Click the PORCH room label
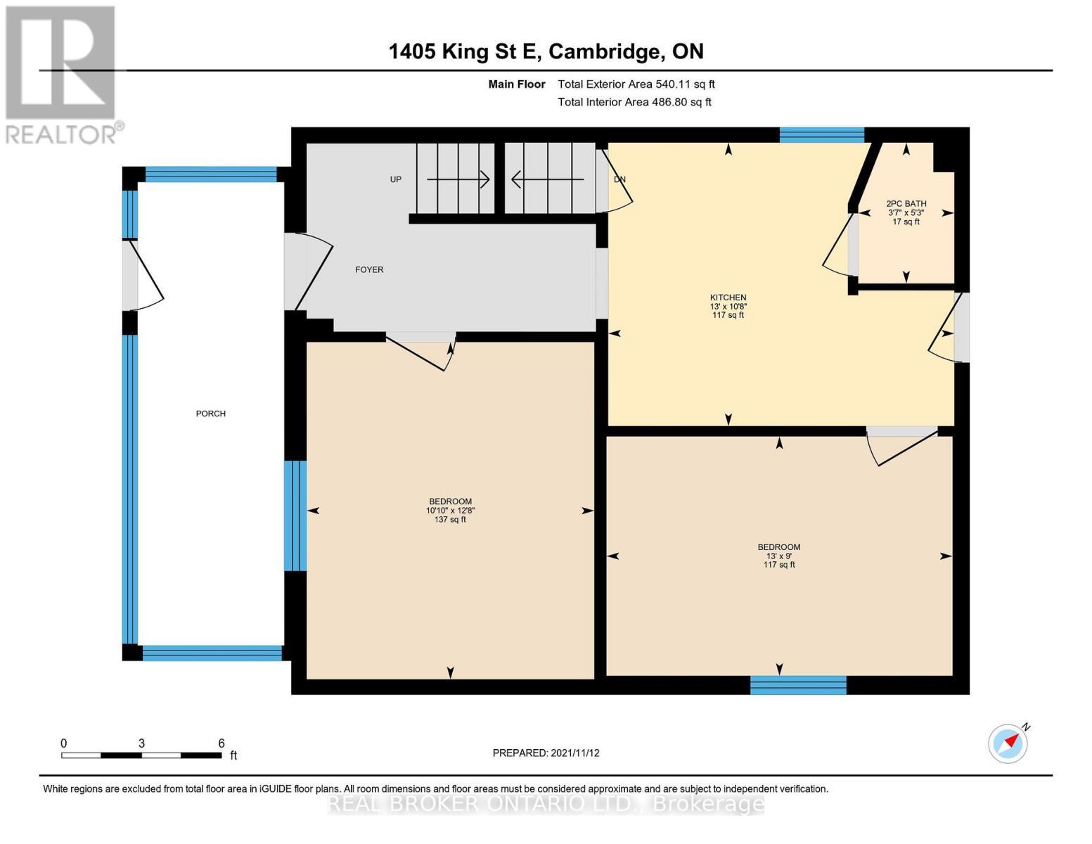pyautogui.click(x=210, y=414)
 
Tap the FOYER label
pyautogui.click(x=369, y=269)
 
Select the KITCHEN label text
pyautogui.click(x=728, y=298)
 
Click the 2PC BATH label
pyautogui.click(x=906, y=204)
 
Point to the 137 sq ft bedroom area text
pyautogui.click(x=450, y=520)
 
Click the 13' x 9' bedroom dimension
pyautogui.click(x=779, y=556)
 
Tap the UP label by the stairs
pyautogui.click(x=396, y=179)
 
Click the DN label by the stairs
pyautogui.click(x=619, y=179)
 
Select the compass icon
pyautogui.click(x=1007, y=743)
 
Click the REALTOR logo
pyautogui.click(x=61, y=74)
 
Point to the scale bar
pyautogui.click(x=141, y=755)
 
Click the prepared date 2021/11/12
pyautogui.click(x=546, y=753)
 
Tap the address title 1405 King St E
pyautogui.click(x=546, y=51)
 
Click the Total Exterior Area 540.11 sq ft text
pyautogui.click(x=636, y=84)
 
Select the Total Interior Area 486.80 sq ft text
pyautogui.click(x=634, y=102)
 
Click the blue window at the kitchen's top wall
pyautogui.click(x=821, y=135)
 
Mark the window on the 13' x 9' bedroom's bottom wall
pyautogui.click(x=798, y=685)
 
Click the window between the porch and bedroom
pyautogui.click(x=295, y=516)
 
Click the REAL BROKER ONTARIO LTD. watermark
pyautogui.click(x=546, y=803)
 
